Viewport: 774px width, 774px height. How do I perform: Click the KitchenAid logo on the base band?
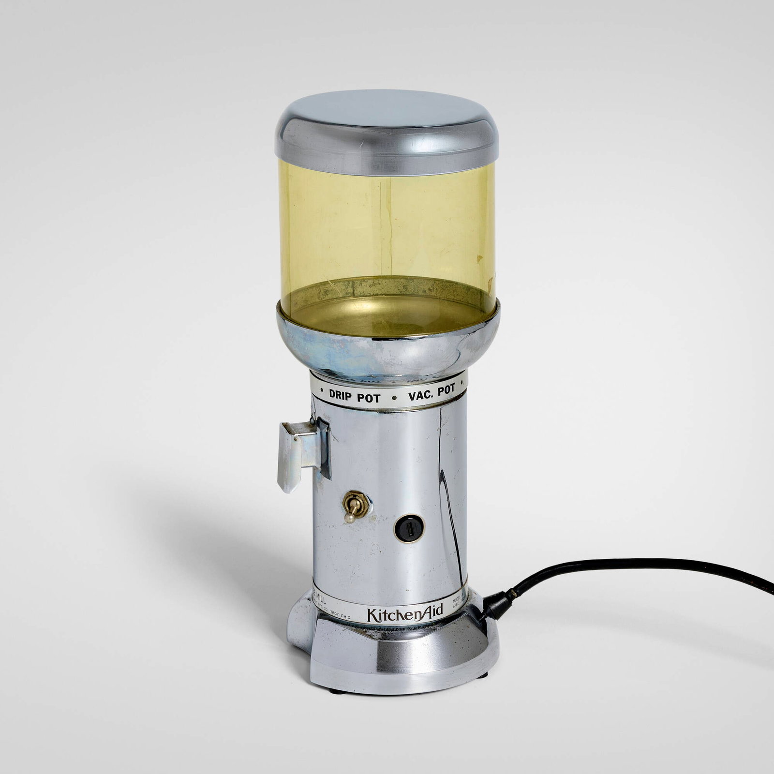click(x=405, y=614)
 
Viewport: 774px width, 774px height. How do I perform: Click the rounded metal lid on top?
click(x=386, y=126)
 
